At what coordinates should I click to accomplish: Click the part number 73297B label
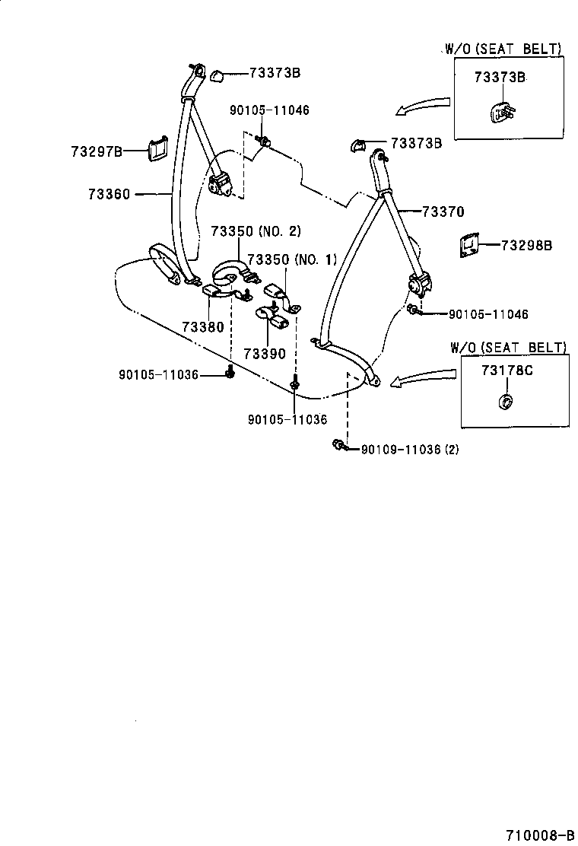click(x=97, y=151)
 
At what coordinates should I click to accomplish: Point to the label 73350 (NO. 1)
click(x=291, y=259)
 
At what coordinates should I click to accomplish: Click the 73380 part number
click(x=202, y=327)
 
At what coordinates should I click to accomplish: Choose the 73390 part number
click(x=264, y=353)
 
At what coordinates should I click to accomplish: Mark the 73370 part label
click(x=443, y=212)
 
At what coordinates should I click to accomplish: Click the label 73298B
click(x=526, y=245)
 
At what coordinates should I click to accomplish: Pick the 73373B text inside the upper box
click(x=500, y=77)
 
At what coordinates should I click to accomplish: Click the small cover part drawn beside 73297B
click(x=158, y=149)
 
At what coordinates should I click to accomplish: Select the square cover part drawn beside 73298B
click(x=468, y=246)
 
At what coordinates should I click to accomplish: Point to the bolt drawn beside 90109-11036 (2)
click(x=339, y=446)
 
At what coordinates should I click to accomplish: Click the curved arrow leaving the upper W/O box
click(x=423, y=104)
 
